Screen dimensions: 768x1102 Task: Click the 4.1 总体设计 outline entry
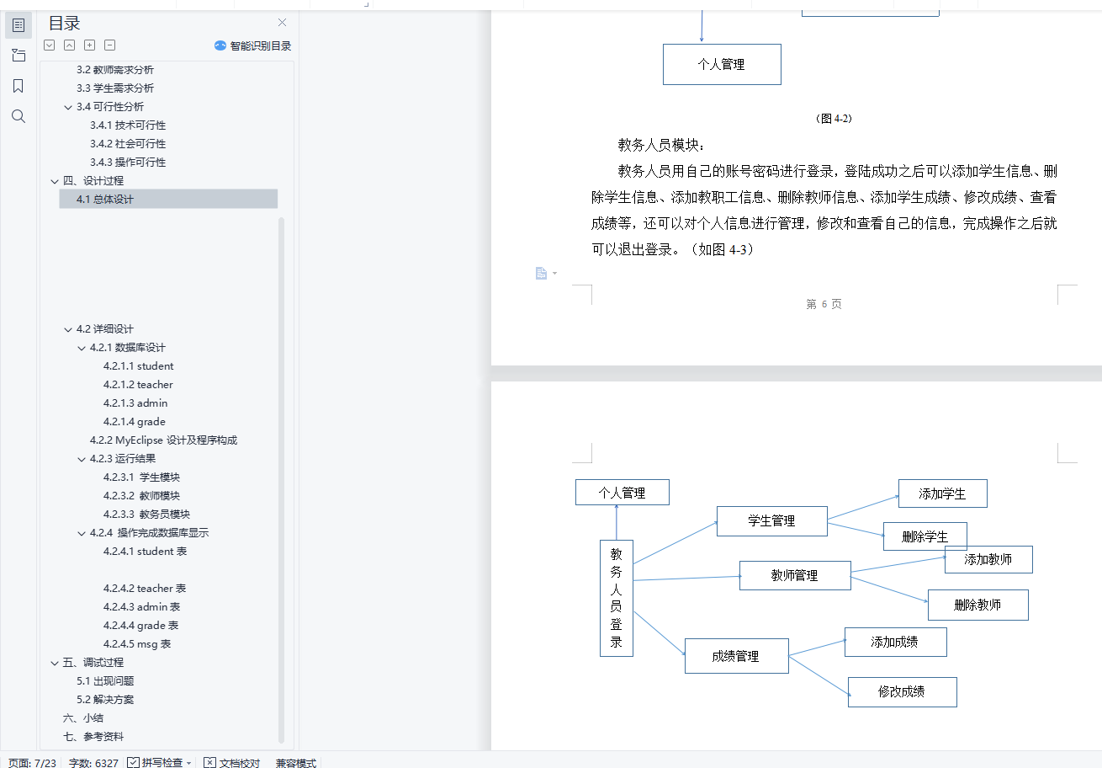point(105,199)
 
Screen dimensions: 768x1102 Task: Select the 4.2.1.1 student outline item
point(139,365)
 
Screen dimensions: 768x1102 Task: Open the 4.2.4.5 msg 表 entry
point(137,643)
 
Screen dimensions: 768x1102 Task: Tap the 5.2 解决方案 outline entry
point(105,699)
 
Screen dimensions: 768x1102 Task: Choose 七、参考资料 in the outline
point(93,736)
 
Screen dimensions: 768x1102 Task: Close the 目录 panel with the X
point(283,23)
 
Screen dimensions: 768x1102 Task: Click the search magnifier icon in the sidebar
point(19,116)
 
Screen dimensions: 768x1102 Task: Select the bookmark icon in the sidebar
point(19,86)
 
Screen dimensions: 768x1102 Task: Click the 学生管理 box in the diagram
point(771,521)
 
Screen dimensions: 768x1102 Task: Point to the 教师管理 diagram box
point(794,576)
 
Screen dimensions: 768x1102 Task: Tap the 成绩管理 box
point(736,656)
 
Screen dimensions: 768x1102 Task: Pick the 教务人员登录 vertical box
point(617,598)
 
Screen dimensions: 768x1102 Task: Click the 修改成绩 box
point(902,691)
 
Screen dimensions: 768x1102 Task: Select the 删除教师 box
point(977,605)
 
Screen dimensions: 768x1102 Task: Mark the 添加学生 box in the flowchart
point(942,493)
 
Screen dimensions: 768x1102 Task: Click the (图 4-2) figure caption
point(834,119)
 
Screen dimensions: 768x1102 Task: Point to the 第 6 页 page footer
point(824,304)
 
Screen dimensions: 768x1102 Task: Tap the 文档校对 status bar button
point(232,762)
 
